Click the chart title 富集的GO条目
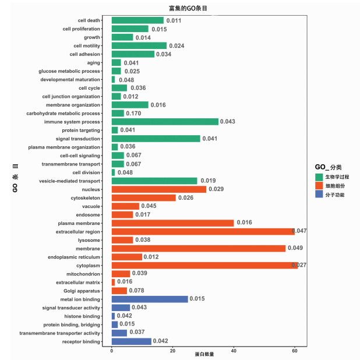(179, 8)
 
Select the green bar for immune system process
(165, 122)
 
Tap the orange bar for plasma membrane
(172, 223)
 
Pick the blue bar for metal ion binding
(150, 299)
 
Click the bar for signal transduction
(156, 139)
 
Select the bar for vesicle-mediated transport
(154, 181)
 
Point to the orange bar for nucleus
(158, 189)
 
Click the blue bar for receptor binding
(131, 341)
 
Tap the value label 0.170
(133, 113)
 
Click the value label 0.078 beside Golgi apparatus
(137, 291)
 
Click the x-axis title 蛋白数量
(204, 354)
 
